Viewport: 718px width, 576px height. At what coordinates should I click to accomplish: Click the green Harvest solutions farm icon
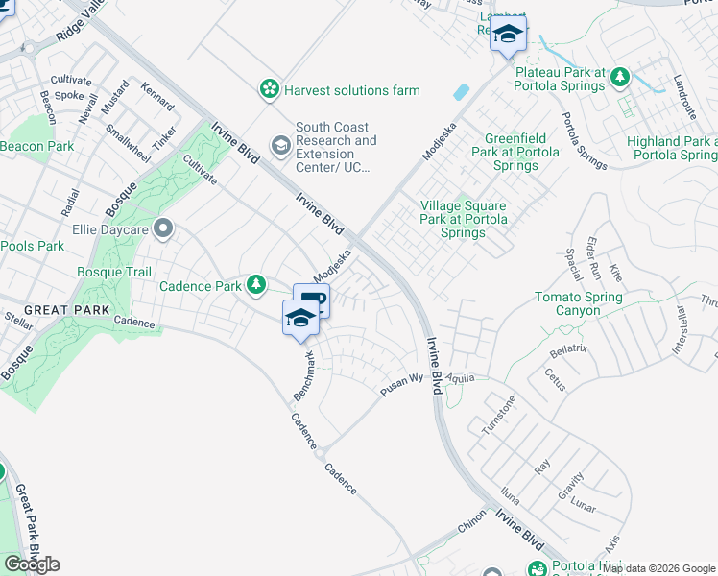[270, 89]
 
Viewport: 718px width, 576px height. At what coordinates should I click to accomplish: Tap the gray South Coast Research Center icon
[281, 146]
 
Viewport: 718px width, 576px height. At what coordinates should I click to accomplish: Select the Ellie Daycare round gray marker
[163, 229]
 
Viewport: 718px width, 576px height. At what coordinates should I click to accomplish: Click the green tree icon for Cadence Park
[256, 285]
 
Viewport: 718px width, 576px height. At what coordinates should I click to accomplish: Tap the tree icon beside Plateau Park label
[621, 78]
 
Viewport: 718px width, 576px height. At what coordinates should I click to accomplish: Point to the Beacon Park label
[36, 146]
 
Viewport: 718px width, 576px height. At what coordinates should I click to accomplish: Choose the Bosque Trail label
[114, 272]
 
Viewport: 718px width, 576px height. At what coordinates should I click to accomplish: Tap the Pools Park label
[32, 246]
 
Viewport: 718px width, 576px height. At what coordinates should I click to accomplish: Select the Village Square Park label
[464, 218]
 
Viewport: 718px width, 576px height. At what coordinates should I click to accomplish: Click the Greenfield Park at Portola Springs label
[515, 152]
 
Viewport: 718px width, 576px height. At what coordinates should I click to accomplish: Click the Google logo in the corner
[32, 564]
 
